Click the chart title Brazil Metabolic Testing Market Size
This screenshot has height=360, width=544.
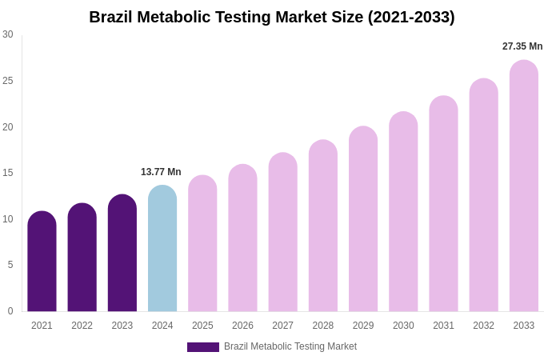(x=272, y=17)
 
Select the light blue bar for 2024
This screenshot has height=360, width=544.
(x=162, y=249)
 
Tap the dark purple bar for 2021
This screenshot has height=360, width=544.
(x=42, y=262)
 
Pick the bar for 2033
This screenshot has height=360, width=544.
(x=524, y=186)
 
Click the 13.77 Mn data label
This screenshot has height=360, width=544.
(x=161, y=172)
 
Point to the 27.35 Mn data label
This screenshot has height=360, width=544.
(x=522, y=46)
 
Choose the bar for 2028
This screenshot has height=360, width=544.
(x=323, y=226)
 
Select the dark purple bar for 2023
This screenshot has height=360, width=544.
(x=122, y=253)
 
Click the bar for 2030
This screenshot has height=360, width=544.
(x=403, y=212)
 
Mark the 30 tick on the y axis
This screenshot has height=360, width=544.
(x=8, y=34)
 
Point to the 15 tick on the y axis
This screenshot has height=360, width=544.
(x=8, y=173)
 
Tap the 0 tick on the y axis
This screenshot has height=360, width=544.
(x=10, y=311)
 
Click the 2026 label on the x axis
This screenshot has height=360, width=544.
(x=242, y=326)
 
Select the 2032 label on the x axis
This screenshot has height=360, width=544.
(x=483, y=326)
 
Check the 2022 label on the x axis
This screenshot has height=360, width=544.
(x=82, y=326)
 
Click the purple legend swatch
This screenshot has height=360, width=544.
(x=203, y=347)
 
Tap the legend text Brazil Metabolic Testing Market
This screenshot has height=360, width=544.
(x=290, y=346)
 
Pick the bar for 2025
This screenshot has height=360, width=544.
(x=202, y=243)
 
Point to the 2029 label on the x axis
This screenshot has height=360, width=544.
(x=363, y=326)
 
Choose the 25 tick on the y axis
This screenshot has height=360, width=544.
(x=8, y=81)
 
